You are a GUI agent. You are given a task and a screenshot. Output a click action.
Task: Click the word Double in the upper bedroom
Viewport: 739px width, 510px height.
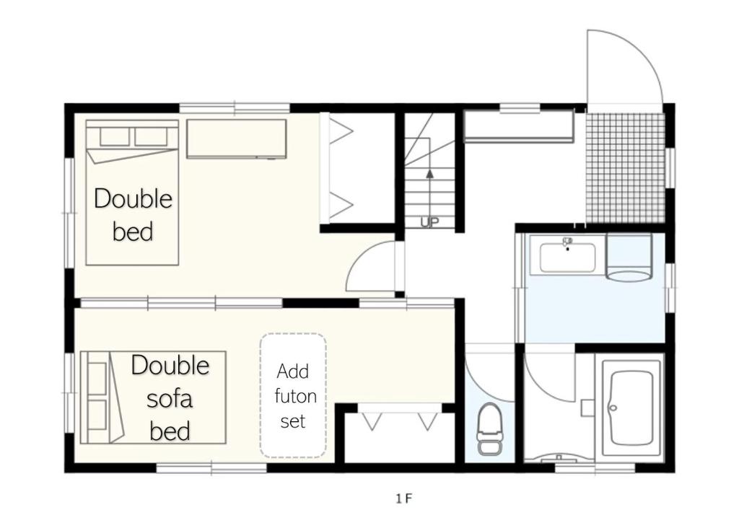point(133,198)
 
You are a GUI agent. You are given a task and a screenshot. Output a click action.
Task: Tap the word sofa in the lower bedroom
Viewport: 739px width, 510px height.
point(170,399)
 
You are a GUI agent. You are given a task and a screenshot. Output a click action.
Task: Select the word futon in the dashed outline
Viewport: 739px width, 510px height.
point(295,396)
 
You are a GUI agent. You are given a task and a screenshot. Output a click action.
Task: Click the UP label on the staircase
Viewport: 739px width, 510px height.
point(429,221)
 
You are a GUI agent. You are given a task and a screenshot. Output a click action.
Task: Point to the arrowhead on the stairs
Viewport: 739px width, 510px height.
point(429,173)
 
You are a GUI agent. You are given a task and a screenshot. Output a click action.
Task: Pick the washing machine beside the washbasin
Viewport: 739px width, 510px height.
point(629,258)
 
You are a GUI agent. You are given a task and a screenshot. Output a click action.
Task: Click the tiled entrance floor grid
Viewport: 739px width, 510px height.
point(625,167)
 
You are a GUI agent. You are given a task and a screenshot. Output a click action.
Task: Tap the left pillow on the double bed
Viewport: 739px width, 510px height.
point(115,136)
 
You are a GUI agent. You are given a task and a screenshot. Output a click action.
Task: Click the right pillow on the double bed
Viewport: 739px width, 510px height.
point(152,136)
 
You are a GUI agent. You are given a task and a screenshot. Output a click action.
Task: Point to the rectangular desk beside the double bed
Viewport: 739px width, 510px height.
point(237,139)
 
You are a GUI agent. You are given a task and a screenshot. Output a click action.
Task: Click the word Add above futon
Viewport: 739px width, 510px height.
point(293,371)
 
